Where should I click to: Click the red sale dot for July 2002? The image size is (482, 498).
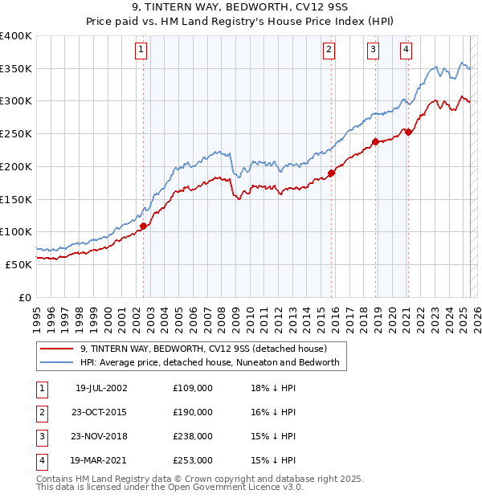coord(144,226)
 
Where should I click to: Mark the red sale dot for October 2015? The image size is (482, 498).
coord(332,173)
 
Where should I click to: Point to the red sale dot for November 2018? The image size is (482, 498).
coord(375,141)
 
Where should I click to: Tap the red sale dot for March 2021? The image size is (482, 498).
coord(408,132)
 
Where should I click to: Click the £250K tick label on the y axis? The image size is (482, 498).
coord(16,133)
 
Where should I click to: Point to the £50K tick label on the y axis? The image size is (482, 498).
coord(19,263)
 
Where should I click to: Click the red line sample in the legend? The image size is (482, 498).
coord(56,349)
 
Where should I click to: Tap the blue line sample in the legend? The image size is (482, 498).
coord(56,362)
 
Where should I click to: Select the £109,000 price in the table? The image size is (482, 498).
coord(193,388)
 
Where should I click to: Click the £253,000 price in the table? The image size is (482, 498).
coord(193,460)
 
